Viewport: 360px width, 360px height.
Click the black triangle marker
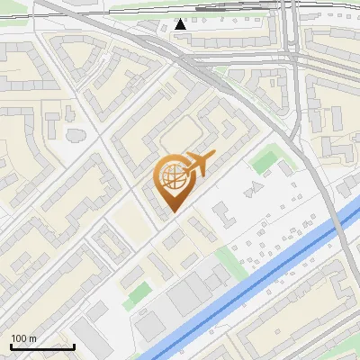click(181, 23)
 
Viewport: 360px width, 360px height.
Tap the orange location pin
click(173, 180)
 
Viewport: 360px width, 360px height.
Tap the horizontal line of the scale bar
click(42, 346)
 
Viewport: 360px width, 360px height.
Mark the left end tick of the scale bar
click(11, 345)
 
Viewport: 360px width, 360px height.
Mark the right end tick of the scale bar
click(74, 345)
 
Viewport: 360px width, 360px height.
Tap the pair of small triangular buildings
click(256, 188)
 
